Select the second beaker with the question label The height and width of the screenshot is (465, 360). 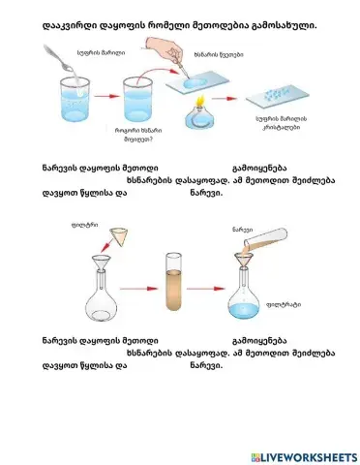click(x=134, y=102)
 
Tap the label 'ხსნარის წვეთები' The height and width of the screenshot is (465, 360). click(x=212, y=55)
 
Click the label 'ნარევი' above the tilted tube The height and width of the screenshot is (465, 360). click(x=241, y=230)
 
